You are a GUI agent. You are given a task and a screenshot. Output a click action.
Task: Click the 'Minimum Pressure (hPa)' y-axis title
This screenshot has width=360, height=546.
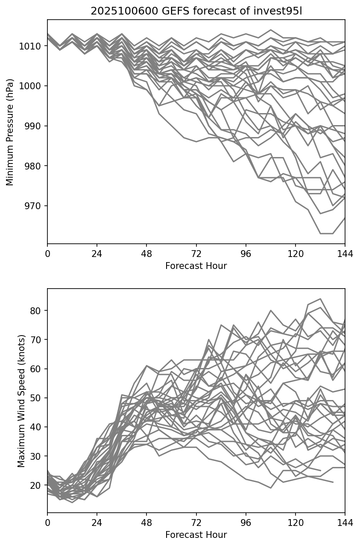[x=10, y=132]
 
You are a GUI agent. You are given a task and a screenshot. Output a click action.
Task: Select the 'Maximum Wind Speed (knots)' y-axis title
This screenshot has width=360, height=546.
[x=21, y=401]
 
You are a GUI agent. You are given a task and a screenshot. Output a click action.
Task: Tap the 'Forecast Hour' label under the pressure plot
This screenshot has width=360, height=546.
[x=196, y=266]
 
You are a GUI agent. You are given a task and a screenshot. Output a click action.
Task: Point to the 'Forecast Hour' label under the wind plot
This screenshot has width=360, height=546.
[x=196, y=535]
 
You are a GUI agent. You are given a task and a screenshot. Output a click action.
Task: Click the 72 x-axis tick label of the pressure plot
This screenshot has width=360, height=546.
[x=196, y=254]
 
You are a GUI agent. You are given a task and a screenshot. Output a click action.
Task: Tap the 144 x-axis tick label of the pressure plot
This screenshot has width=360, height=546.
[x=345, y=254]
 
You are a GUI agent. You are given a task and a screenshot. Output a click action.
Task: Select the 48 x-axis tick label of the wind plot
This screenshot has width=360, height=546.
[x=146, y=523]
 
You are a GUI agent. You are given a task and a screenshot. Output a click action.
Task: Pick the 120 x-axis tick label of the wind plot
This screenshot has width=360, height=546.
[x=296, y=523]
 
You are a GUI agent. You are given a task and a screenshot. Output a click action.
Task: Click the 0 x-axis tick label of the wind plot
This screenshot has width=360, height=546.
[x=47, y=523]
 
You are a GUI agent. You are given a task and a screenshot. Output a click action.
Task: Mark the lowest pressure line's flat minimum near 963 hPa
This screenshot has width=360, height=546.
[x=326, y=234]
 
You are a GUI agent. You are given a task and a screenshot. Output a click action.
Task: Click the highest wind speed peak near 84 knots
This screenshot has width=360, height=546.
[x=320, y=299]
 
